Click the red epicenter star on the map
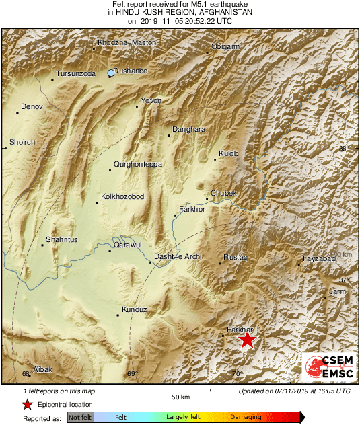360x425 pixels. (x=248, y=340)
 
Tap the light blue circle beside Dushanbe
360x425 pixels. (x=111, y=73)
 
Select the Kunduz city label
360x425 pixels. (x=133, y=310)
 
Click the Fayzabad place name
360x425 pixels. (x=319, y=258)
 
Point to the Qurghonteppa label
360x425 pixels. (x=138, y=164)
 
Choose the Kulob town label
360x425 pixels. (x=229, y=154)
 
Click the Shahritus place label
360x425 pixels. (x=61, y=239)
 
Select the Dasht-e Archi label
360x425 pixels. (x=178, y=257)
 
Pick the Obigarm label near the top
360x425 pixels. (x=225, y=47)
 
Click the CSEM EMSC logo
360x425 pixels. (x=326, y=367)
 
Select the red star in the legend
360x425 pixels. (x=26, y=404)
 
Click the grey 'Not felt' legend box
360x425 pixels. (x=80, y=418)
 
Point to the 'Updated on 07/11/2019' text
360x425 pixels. (x=294, y=391)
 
